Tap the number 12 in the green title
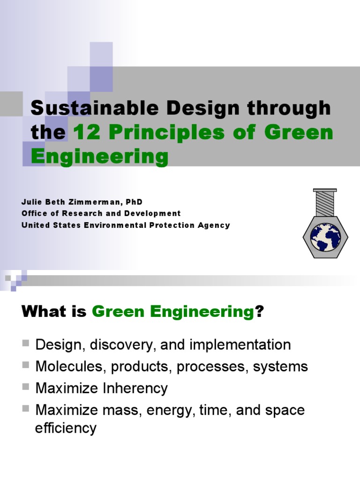(x=85, y=133)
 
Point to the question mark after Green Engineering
(x=258, y=312)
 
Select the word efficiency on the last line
(x=66, y=427)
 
